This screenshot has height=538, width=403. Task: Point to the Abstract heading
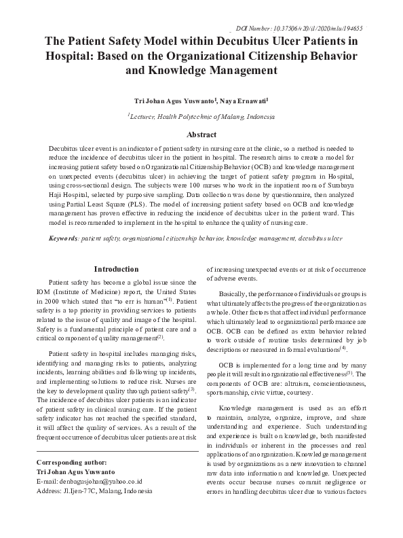(201, 134)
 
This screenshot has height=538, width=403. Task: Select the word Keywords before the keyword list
(64, 239)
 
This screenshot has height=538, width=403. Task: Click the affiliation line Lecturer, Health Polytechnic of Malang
(201, 117)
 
